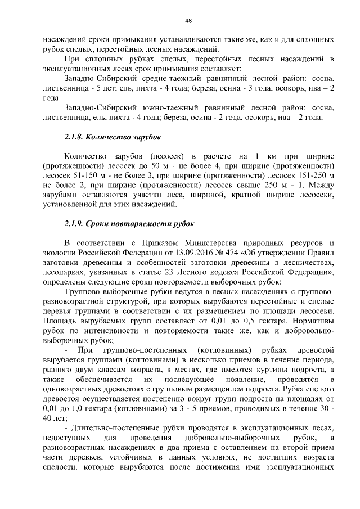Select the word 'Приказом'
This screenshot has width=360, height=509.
coord(150,242)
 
